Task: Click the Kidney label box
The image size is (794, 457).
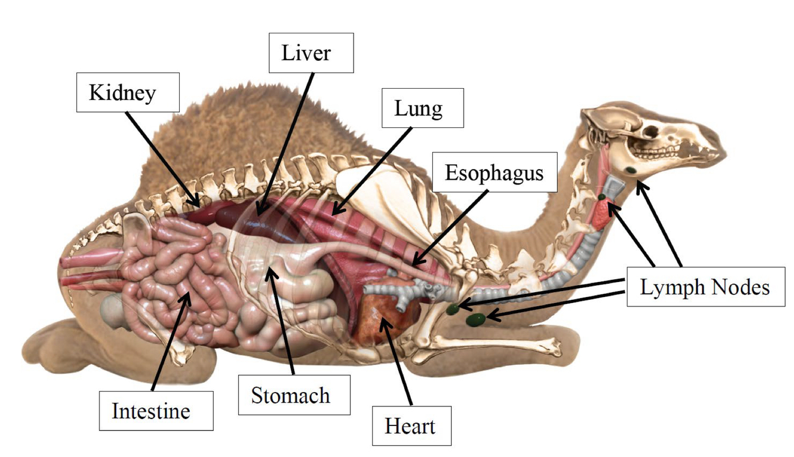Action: click(127, 92)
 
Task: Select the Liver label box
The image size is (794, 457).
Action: click(310, 53)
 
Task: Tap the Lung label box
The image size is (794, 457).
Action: click(422, 108)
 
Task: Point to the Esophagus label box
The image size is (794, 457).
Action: click(495, 173)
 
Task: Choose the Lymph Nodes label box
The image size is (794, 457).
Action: click(705, 287)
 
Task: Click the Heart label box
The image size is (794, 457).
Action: click(410, 426)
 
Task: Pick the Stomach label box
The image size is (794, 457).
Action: click(290, 395)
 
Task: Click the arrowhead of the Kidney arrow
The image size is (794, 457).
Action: click(197, 205)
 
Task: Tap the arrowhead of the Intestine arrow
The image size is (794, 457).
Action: click(189, 292)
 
